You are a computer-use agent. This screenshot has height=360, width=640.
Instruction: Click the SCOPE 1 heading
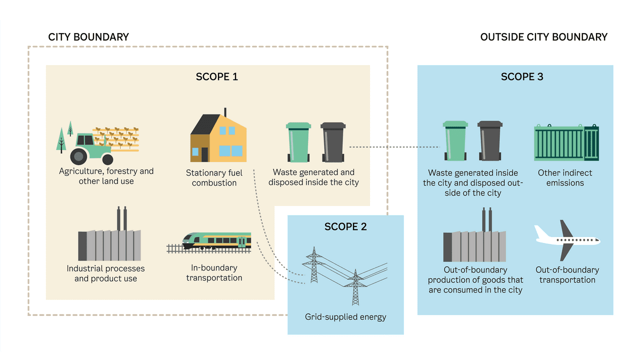coord(216,77)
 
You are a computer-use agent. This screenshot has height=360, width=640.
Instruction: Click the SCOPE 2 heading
coord(345,226)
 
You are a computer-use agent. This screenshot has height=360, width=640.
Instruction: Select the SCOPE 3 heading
coord(522,77)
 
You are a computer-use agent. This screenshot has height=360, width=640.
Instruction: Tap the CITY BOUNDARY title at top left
coord(88,37)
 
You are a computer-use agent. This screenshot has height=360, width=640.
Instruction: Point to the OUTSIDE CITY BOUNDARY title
coord(543,37)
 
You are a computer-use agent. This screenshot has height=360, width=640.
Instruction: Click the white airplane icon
coord(567,240)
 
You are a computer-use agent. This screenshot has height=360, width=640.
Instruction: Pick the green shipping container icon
coord(566,142)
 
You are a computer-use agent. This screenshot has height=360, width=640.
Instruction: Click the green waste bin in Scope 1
coord(298,142)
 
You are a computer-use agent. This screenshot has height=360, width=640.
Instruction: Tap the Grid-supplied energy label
coord(345,317)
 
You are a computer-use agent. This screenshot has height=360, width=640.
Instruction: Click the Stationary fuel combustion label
coord(214,178)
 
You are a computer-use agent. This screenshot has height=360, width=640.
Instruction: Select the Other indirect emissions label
coord(565,178)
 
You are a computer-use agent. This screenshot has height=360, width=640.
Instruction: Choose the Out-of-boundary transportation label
coord(567,275)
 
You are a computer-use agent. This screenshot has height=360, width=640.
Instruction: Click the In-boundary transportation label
coord(214,273)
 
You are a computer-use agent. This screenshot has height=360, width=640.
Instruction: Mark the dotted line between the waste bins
coord(393,147)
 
